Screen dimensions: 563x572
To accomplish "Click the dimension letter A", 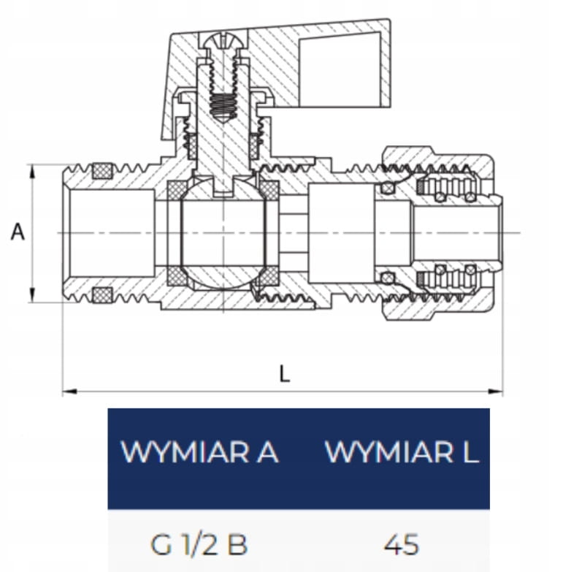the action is [x=18, y=232].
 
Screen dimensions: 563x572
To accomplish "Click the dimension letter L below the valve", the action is [x=284, y=373].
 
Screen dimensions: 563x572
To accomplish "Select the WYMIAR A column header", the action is [x=199, y=452].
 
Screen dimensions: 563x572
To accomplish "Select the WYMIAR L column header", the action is [x=402, y=452].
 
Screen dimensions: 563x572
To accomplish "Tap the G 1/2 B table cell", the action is [x=199, y=545].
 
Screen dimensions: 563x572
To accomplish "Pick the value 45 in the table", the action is [x=401, y=545].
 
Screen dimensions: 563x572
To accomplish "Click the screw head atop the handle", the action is [x=223, y=41].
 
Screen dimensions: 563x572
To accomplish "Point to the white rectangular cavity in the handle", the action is [x=340, y=69].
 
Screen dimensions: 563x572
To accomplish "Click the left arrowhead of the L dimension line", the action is [x=69, y=392].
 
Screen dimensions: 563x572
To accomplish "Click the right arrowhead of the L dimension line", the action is [x=496, y=392].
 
